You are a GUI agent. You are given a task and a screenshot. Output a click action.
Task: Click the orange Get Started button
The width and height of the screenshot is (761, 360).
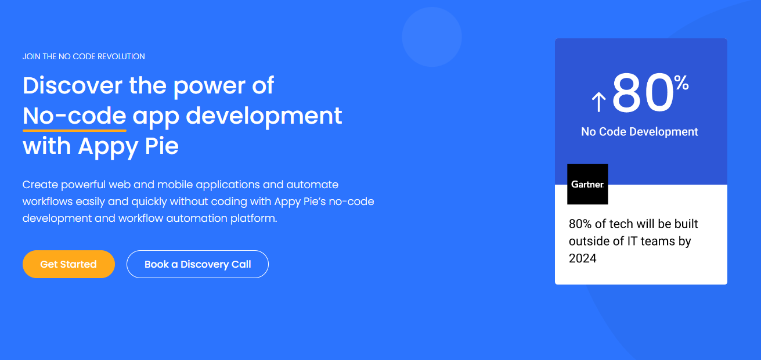68,264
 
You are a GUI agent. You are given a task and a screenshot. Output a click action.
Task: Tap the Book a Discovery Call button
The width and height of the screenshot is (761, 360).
197,264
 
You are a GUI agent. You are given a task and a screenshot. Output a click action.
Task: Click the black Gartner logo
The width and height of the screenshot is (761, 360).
587,184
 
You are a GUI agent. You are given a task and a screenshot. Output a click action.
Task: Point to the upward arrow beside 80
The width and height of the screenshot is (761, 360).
598,102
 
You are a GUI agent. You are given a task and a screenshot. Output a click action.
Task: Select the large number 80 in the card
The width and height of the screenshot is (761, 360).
643,93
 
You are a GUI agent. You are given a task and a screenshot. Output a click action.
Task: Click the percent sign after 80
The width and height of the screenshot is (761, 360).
681,84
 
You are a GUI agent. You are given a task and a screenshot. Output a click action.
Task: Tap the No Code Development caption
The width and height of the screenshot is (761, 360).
640,132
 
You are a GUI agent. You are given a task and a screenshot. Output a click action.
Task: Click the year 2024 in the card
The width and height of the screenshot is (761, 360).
583,258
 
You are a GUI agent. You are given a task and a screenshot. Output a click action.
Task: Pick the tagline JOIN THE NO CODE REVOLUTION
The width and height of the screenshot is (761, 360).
84,56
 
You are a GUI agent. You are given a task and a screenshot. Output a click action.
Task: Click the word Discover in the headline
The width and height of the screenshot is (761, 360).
73,85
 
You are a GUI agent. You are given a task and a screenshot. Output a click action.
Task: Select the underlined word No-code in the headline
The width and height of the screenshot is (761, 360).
74,116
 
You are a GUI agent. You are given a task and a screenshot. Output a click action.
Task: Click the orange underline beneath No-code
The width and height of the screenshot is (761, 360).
74,131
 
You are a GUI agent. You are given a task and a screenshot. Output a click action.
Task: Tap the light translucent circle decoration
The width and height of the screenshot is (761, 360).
432,37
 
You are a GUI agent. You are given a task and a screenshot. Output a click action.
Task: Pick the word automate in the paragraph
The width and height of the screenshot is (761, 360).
312,185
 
